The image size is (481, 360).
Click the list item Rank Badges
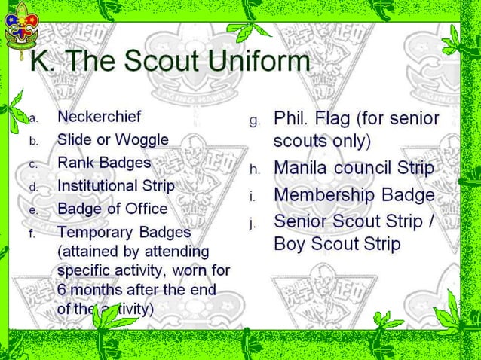click(x=104, y=163)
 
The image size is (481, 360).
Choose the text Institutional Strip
click(x=115, y=185)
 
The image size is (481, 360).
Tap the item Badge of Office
click(x=112, y=209)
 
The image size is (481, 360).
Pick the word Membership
click(x=324, y=194)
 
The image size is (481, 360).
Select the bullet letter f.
click(x=32, y=233)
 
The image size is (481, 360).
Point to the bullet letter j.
click(x=255, y=222)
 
